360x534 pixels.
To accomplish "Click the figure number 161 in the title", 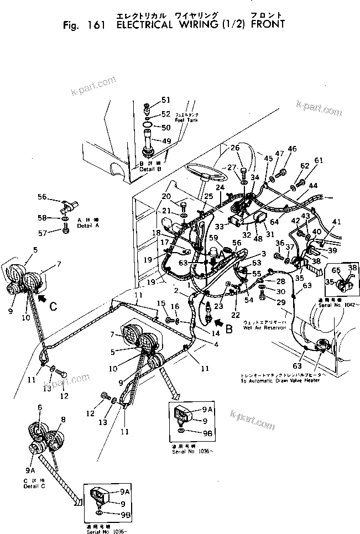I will point(98,24).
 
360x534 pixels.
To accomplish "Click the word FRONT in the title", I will point(267,24).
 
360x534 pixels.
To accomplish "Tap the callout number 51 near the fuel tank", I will point(166,100).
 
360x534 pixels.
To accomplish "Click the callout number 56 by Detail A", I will point(42,197).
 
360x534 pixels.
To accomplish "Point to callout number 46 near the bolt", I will point(291,149).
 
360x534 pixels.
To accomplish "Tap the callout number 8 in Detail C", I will point(64,420).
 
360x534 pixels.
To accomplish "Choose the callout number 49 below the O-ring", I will point(166,141).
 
